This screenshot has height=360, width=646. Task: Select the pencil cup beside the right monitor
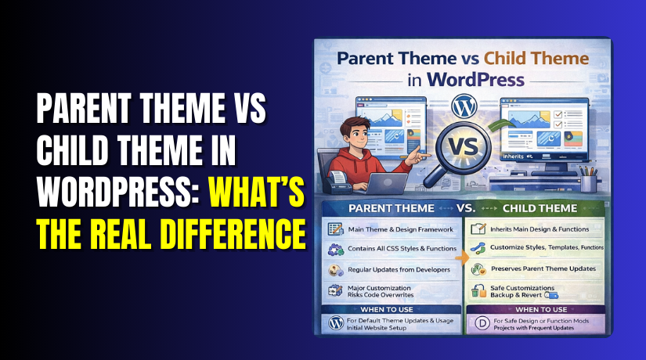tap(587, 179)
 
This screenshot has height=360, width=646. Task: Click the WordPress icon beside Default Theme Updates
tap(335, 323)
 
